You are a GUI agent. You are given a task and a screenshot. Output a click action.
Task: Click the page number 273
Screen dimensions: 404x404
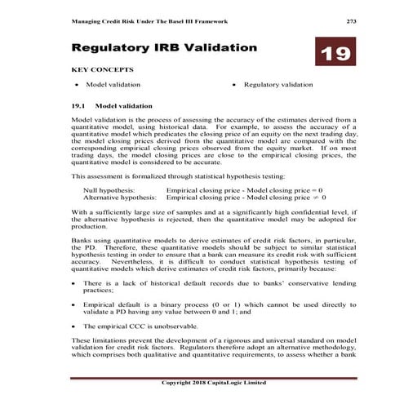pyautogui.click(x=351, y=20)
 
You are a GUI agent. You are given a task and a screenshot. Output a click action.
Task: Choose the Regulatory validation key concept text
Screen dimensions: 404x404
pyautogui.click(x=278, y=85)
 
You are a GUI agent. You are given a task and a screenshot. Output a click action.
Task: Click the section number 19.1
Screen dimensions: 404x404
pyautogui.click(x=79, y=106)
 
